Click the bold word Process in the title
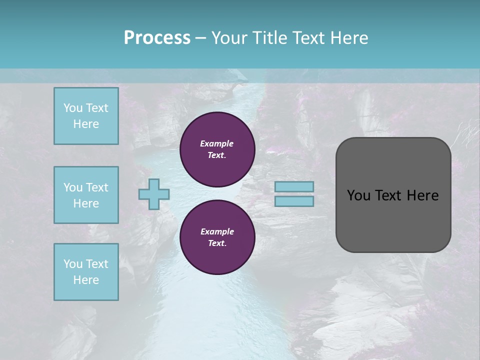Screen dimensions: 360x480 (157, 38)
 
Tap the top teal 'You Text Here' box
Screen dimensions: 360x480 (86, 116)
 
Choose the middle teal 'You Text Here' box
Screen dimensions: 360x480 (86, 195)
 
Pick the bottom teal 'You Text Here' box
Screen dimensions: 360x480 (86, 272)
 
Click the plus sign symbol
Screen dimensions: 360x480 (154, 194)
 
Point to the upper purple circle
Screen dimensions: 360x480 (217, 149)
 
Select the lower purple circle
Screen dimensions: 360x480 (217, 237)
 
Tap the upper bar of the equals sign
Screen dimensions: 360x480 (294, 186)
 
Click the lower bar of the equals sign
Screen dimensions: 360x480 (294, 201)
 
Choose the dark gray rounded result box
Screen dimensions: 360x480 (393, 195)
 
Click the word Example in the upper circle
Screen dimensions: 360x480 (217, 143)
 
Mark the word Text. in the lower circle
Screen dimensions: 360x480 (217, 243)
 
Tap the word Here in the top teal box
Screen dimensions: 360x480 (86, 124)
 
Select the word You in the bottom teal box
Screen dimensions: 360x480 (73, 264)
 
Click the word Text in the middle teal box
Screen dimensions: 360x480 (97, 187)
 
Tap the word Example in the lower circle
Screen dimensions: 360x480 (217, 231)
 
